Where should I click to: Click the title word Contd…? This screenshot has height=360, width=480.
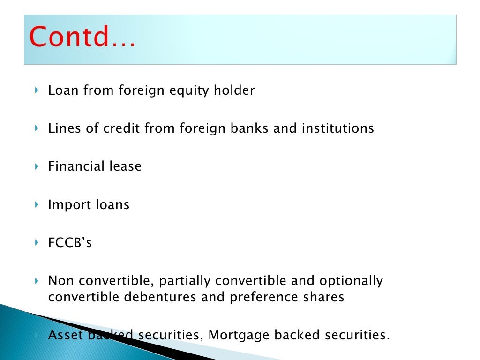82,37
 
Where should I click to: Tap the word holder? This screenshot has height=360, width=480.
237,90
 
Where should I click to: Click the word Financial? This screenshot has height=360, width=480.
76,166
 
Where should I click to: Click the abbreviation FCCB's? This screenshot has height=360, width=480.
70,243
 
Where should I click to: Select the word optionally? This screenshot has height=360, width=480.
351,281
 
